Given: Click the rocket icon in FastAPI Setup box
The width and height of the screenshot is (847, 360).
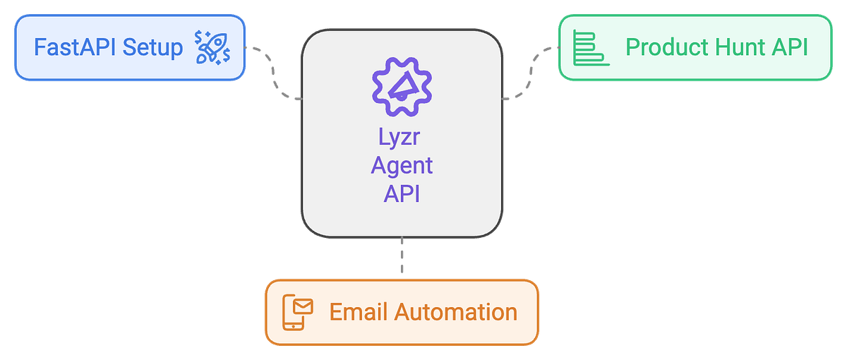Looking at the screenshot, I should pos(212,47).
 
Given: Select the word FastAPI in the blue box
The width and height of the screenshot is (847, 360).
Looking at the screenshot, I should pos(76,48).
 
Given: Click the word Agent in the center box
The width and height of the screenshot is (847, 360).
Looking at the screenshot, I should pos(401,166).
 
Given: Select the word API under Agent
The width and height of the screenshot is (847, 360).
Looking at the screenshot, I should pos(401,193).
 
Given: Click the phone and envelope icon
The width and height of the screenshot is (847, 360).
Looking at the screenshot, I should pos(297,311).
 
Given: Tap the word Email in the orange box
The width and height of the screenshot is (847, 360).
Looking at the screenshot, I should pos(356,311).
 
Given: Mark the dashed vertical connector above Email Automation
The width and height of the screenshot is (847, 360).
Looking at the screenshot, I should pos(402,257).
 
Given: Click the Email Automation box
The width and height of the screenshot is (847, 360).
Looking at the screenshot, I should pos(401,311).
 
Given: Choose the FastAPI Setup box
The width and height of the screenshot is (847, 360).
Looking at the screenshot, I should pos(129,48).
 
